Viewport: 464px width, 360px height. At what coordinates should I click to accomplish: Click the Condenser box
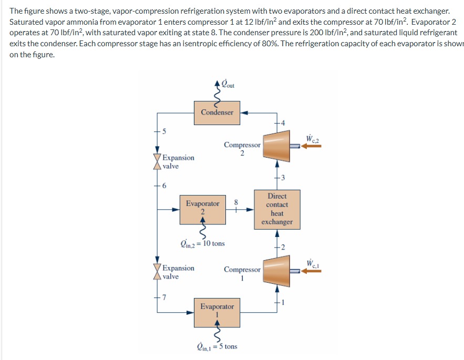[217, 112]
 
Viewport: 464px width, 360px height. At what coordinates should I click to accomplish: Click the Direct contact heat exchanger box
[277, 209]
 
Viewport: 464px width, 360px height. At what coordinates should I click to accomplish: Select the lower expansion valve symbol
[157, 272]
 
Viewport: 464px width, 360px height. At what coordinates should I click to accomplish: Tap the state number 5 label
[163, 131]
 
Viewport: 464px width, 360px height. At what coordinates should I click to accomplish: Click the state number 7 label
[164, 299]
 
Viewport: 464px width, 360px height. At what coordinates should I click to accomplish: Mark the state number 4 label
[284, 123]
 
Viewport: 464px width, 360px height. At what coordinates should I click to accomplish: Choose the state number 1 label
[284, 302]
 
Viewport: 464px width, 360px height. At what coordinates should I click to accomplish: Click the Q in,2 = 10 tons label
[202, 243]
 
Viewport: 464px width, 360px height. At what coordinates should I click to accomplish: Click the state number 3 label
[284, 177]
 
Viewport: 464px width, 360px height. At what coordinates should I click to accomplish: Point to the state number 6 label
[164, 186]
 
